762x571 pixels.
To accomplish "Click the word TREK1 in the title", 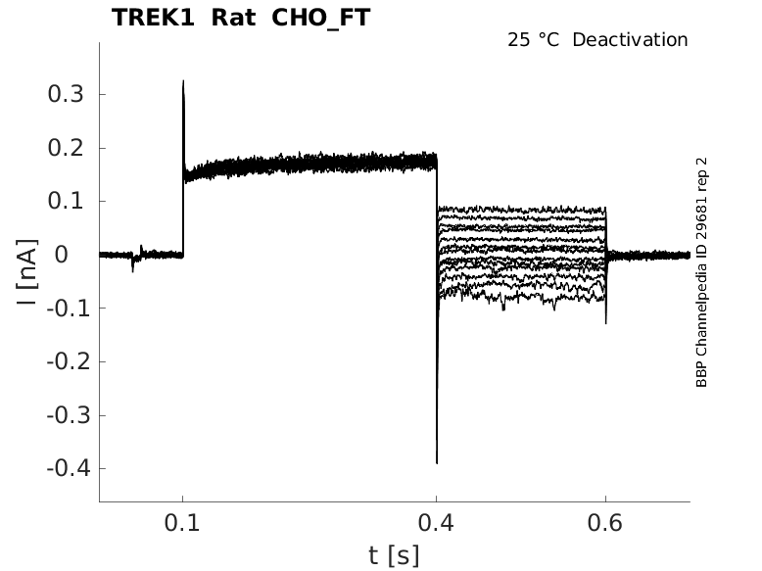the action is [x=153, y=18].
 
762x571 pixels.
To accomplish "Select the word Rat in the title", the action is [x=234, y=18].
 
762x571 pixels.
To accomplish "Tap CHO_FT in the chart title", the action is [x=320, y=19].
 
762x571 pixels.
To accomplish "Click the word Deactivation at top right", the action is [x=630, y=40].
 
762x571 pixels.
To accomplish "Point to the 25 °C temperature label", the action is [x=533, y=40].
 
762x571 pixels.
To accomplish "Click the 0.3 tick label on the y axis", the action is [x=66, y=94].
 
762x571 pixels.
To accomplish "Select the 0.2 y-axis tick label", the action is [x=66, y=148].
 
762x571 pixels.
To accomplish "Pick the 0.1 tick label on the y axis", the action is [x=66, y=201].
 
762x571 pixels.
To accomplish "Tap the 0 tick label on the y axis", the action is [x=62, y=255].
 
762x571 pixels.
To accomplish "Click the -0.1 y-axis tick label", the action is [x=69, y=309].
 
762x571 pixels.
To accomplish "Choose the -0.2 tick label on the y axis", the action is [x=69, y=361].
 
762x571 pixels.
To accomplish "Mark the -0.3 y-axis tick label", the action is [x=69, y=415].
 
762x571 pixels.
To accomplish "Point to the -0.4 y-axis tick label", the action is [x=69, y=469].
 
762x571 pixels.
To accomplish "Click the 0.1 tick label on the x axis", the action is [x=182, y=523].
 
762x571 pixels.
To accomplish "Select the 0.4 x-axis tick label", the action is [x=437, y=523].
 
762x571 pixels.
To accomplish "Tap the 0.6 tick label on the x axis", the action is [x=605, y=523].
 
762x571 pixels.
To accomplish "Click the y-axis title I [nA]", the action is [x=27, y=272].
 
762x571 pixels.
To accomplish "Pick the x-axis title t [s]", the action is [x=394, y=555].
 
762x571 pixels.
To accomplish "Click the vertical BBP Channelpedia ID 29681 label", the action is [x=701, y=272].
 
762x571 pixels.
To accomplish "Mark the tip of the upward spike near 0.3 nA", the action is [x=183, y=80].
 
